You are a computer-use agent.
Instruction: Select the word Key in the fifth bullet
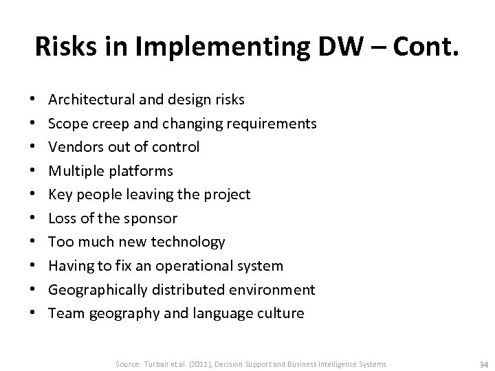click(x=60, y=194)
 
